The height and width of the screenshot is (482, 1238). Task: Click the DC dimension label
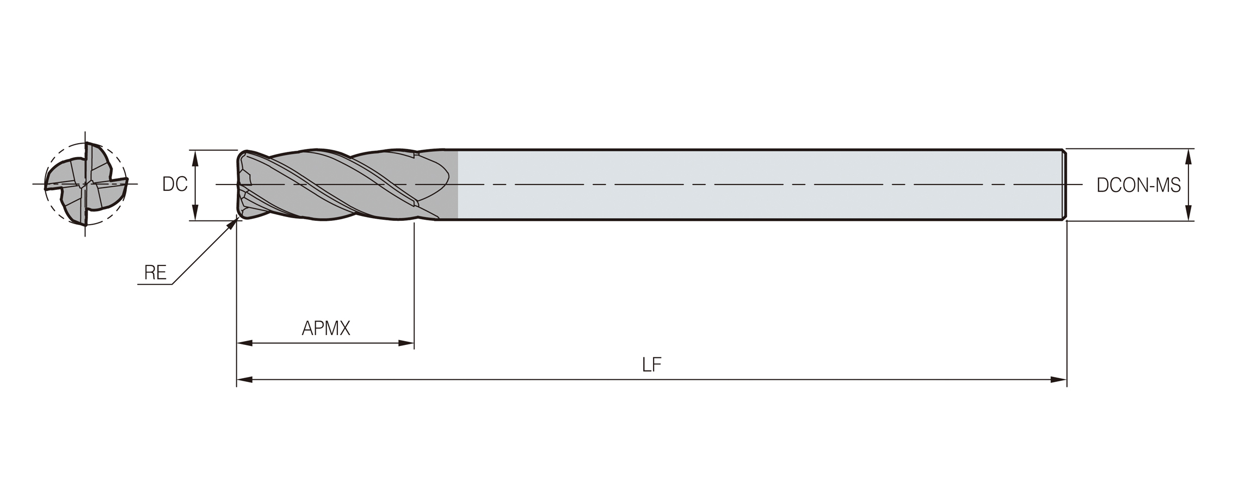(175, 184)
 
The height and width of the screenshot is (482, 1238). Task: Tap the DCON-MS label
(1138, 186)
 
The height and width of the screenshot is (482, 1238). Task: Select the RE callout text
(155, 273)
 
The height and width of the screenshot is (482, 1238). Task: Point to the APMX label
(326, 328)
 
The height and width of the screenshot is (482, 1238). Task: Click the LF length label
(651, 364)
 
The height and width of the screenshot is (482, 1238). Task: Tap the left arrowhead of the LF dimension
(244, 380)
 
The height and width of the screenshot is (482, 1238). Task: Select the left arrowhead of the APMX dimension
(245, 343)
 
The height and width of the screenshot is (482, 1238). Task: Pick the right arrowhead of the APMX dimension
(406, 343)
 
